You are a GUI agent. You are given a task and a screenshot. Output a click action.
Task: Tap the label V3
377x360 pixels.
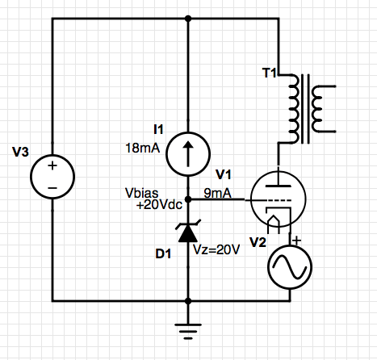click(x=20, y=152)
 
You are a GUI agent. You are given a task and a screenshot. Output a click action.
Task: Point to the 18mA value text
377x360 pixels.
click(x=143, y=148)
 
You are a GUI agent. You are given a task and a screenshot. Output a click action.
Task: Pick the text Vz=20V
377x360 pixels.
click(x=216, y=250)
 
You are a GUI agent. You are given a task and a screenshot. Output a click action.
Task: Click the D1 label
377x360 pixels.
click(x=163, y=253)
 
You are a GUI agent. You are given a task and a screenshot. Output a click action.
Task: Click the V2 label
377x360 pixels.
click(x=258, y=242)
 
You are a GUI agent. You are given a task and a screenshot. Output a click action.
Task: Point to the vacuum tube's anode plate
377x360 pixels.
click(x=279, y=186)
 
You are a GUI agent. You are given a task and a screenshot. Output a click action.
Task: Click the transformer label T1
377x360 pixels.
click(x=270, y=73)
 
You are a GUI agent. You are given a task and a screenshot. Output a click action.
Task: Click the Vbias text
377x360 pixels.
click(x=142, y=193)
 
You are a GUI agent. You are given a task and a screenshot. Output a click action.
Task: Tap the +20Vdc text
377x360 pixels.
click(x=159, y=205)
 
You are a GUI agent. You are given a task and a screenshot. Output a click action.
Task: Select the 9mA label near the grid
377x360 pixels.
click(x=217, y=193)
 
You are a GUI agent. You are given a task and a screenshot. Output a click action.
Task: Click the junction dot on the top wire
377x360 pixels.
click(x=188, y=19)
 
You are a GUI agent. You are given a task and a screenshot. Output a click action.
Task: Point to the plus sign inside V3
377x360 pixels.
click(x=52, y=165)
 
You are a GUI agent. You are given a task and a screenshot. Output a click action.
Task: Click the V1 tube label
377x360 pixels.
click(x=224, y=174)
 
